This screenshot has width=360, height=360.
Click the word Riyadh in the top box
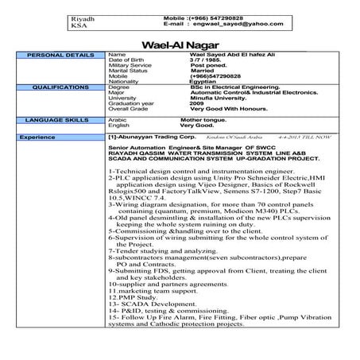83,15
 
